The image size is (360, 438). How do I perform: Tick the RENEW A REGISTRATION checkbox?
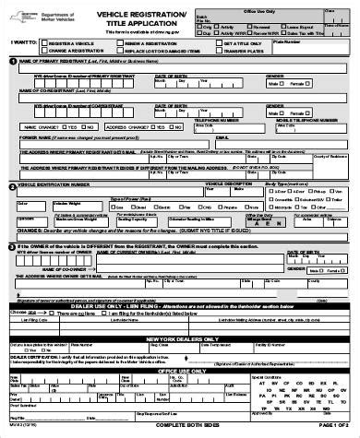118,43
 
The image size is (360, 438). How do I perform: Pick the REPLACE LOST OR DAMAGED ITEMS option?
118,52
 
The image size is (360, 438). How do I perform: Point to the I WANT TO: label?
20,43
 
